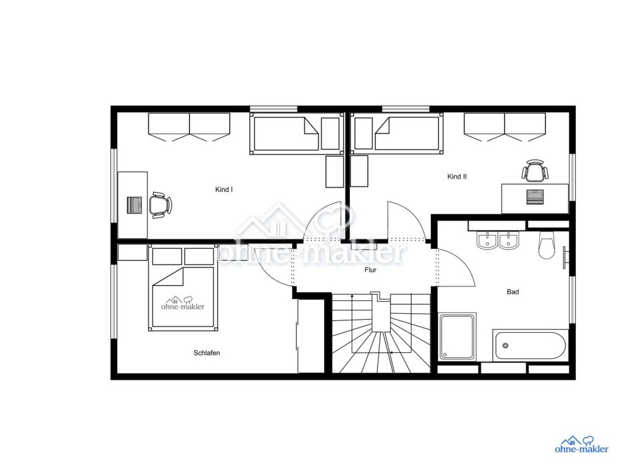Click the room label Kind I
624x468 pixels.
(x=224, y=190)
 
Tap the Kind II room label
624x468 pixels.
(x=457, y=177)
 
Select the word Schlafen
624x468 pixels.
(x=207, y=353)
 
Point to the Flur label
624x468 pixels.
(x=370, y=270)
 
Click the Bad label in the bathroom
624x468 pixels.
(x=512, y=292)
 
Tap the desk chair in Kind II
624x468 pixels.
(x=535, y=171)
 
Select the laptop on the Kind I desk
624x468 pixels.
(x=135, y=205)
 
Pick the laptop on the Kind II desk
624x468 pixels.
(x=535, y=197)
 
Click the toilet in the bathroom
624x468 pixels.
(x=547, y=244)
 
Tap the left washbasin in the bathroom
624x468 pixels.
(x=486, y=241)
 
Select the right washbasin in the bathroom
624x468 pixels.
(x=509, y=241)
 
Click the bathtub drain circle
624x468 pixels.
(x=505, y=346)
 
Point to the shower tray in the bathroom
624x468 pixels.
(x=457, y=336)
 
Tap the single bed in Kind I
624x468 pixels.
(x=297, y=133)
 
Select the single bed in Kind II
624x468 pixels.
(x=397, y=133)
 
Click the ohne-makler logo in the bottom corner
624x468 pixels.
(x=581, y=444)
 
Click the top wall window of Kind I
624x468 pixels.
(x=274, y=109)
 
